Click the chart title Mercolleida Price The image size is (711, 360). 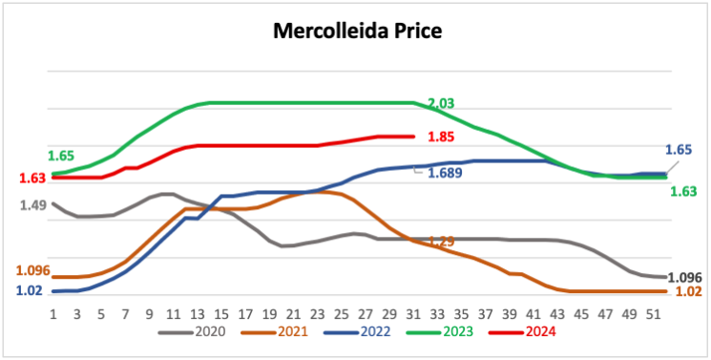click(357, 31)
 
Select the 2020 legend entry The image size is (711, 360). click(192, 332)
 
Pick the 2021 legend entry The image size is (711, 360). click(274, 332)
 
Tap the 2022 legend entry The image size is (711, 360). click(357, 332)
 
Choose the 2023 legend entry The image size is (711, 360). click(440, 332)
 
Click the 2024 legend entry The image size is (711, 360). click(522, 332)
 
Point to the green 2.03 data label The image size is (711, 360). click(441, 103)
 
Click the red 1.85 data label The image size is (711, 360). click(441, 137)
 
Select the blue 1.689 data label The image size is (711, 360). click(446, 173)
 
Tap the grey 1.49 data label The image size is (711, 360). click(33, 205)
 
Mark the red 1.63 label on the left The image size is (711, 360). click(32, 178)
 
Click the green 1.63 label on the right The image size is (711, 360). click(683, 192)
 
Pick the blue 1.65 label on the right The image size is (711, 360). click(679, 150)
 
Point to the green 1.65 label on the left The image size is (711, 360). click(61, 157)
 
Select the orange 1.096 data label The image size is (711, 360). click(32, 271)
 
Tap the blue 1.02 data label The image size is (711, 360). click(30, 290)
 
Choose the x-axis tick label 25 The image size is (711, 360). click(342, 315)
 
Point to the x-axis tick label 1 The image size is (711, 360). click(53, 315)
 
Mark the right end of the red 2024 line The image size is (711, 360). click(413, 137)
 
